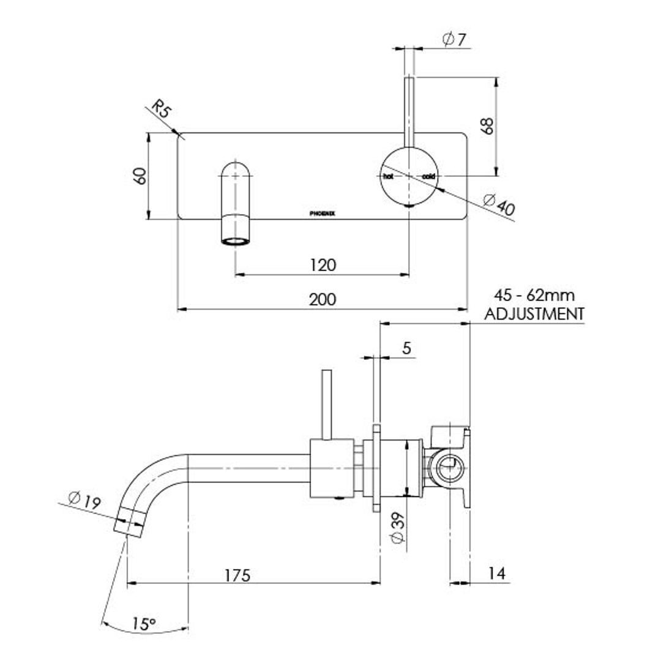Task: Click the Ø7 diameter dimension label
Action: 454,40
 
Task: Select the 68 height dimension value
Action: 488,126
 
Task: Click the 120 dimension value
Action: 323,265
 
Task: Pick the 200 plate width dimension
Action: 323,299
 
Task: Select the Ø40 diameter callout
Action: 499,204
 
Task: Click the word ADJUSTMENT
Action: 534,314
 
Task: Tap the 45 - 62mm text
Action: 535,296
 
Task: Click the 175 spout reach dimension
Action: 237,575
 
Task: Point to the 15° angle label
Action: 144,624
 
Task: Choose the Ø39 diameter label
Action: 397,528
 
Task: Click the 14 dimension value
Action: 497,573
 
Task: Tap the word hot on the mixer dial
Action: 387,176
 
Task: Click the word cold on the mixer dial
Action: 428,176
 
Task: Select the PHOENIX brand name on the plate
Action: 322,214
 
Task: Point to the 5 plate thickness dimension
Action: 407,348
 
